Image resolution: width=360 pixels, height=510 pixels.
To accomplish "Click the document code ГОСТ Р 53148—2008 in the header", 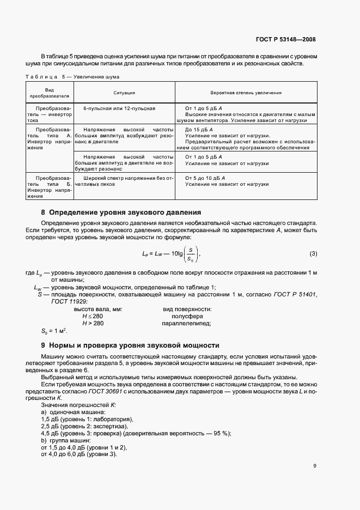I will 285,39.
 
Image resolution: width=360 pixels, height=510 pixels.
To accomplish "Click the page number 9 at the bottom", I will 315,465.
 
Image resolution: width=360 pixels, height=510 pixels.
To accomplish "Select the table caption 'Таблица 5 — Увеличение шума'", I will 72,77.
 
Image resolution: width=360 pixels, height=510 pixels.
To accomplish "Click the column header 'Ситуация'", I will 124,93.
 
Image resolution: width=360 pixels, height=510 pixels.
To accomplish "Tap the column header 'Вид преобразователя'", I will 50,93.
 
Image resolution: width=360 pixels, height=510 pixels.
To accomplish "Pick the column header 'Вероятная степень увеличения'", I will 246,93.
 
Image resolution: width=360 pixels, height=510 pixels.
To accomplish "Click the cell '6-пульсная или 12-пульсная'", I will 119,108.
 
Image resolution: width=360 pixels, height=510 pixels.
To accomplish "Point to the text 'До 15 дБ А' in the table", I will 201,129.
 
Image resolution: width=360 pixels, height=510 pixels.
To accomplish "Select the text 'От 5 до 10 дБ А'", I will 206,178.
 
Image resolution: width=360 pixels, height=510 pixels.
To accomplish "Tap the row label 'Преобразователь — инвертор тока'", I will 50,114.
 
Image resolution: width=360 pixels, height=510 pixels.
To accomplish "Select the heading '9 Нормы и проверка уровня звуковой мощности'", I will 130,345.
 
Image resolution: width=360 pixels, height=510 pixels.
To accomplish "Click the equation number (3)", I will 313,254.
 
